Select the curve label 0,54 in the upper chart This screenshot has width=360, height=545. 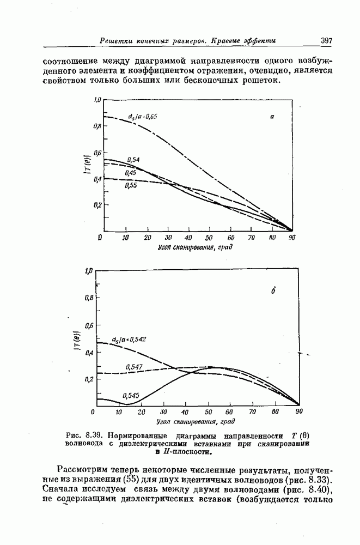pos(133,159)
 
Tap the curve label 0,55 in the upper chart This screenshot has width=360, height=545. pos(131,185)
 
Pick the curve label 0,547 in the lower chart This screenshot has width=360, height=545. pos(134,367)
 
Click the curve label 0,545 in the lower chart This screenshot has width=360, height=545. pos(131,395)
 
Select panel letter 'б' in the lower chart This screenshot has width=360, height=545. pos(272,292)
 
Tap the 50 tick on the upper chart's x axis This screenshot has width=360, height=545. pos(209,238)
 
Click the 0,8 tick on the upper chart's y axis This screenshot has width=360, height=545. pos(97,126)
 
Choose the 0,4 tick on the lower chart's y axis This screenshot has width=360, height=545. pos(89,353)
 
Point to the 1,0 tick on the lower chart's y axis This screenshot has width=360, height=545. pos(89,270)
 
